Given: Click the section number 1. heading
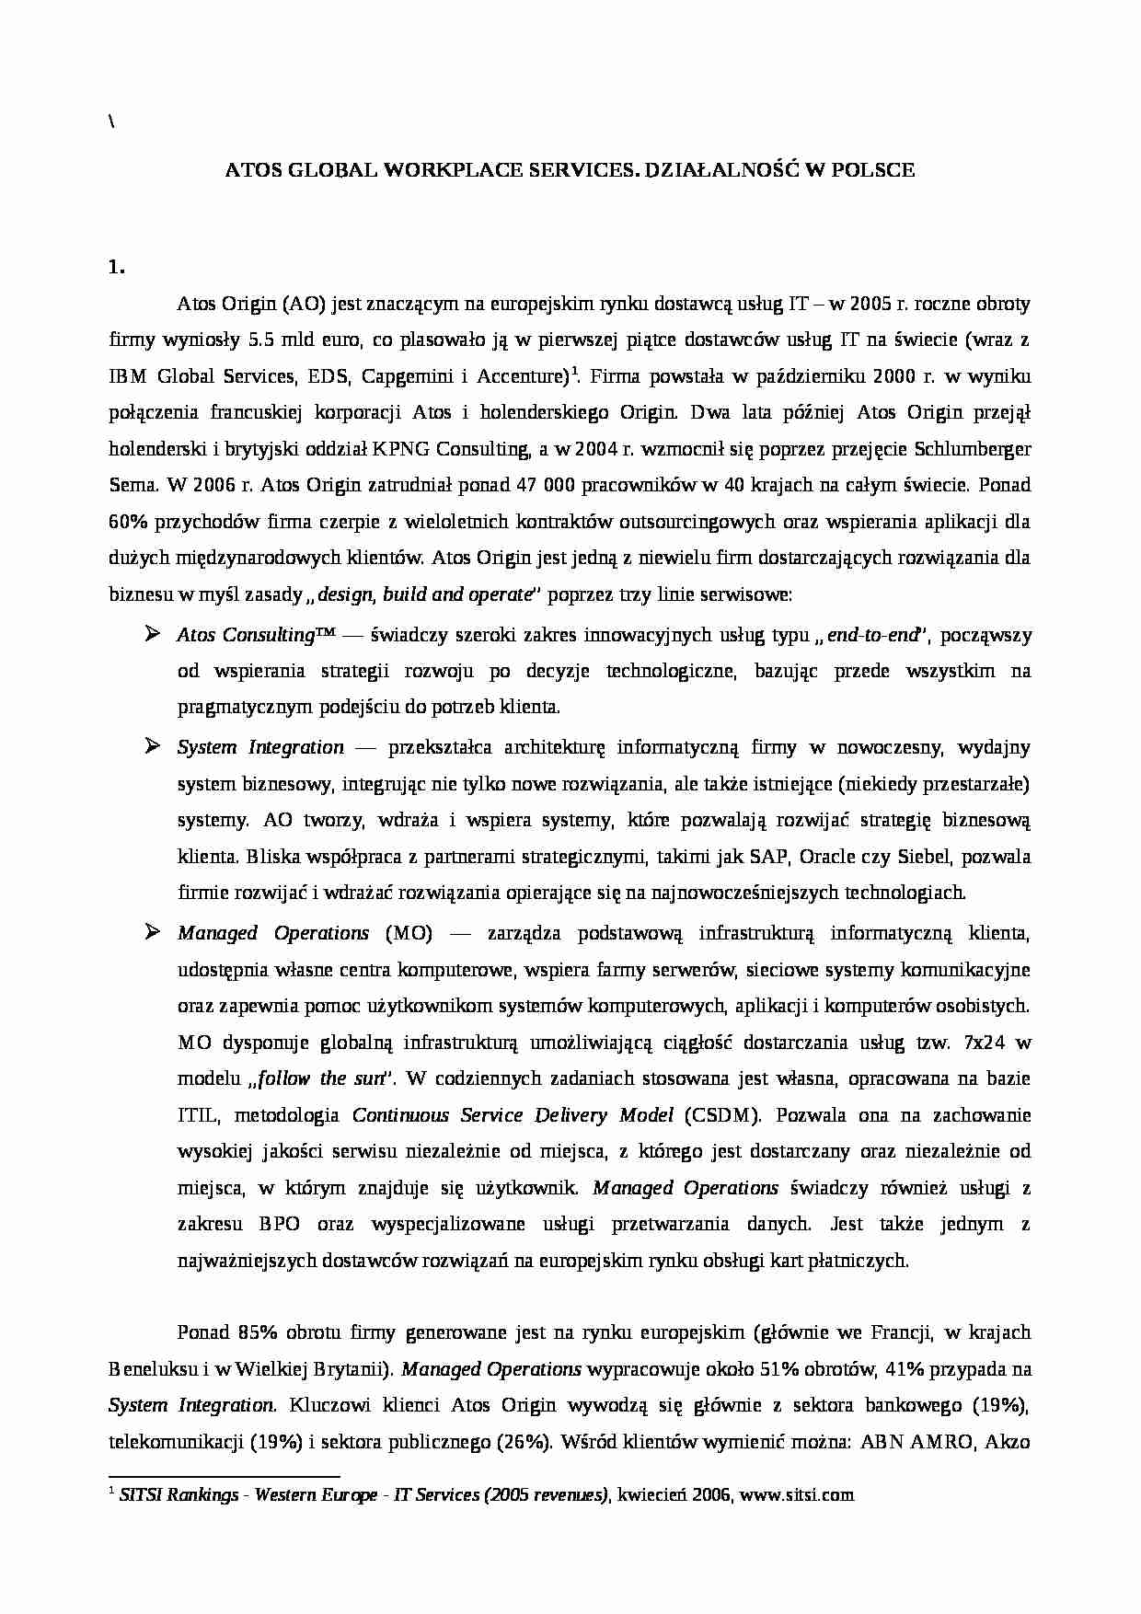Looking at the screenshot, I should [x=116, y=268].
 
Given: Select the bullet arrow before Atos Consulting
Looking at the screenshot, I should [x=153, y=634].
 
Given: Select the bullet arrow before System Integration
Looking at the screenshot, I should [x=153, y=746].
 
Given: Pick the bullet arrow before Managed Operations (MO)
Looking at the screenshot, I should [x=153, y=932].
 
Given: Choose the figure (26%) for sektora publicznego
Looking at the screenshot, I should [x=524, y=1442].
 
